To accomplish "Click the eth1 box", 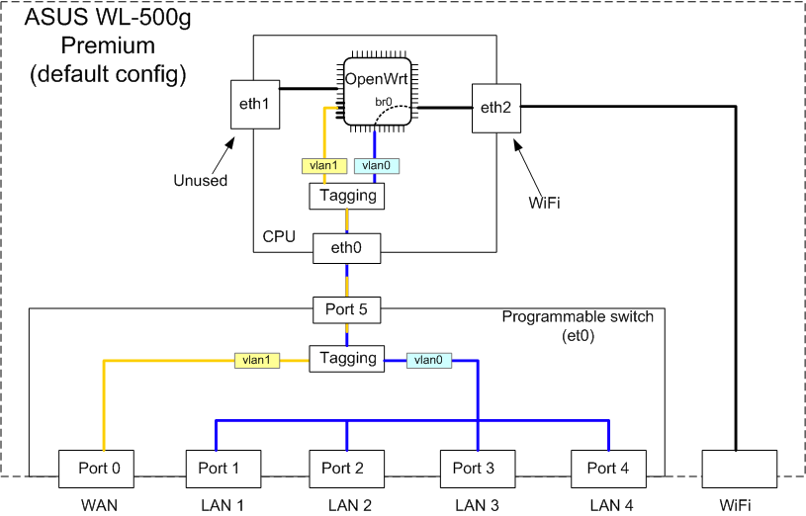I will tap(254, 104).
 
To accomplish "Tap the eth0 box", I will tap(346, 250).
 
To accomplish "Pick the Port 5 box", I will tap(346, 310).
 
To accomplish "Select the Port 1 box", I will tap(224, 469).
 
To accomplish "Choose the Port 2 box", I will tap(346, 469).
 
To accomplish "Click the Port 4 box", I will tap(608, 469).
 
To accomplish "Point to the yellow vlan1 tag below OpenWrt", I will tap(321, 166).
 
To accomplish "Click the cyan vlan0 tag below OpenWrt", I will tap(376, 166).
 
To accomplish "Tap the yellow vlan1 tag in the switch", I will tap(256, 361).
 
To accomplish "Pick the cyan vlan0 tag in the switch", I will tap(428, 361).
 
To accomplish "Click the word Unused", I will tap(201, 181).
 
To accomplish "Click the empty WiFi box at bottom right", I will tap(736, 469).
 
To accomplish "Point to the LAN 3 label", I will tap(478, 505).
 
